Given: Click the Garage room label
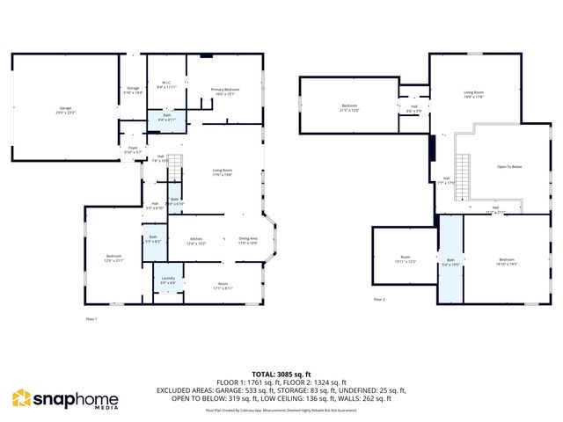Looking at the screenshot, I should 65,109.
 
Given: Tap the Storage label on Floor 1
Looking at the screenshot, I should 133,90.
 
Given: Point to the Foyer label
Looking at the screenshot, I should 133,149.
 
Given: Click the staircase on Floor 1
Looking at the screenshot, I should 176,164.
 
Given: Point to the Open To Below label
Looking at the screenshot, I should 509,166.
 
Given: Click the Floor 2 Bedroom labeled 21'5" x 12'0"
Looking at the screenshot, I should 350,108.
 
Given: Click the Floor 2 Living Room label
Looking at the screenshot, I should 474,94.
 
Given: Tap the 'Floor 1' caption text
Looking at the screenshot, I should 91,318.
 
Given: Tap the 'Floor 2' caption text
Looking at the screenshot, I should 379,299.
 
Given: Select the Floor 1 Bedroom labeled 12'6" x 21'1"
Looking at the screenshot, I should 114,258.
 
